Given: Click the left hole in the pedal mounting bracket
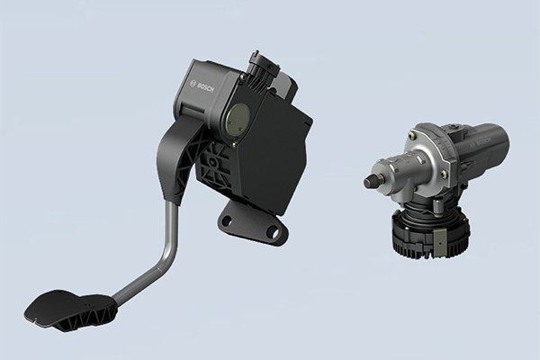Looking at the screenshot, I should (227, 220).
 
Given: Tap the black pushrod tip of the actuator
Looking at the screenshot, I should (370, 181).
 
